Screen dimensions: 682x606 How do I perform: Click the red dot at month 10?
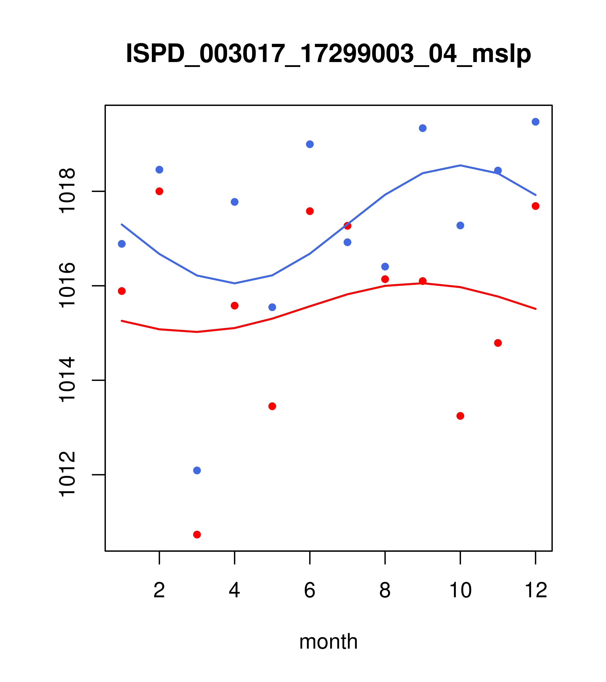[460, 416]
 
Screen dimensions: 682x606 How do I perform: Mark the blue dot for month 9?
[423, 128]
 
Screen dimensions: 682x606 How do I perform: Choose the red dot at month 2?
[160, 191]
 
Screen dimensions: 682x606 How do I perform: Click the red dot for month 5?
[272, 406]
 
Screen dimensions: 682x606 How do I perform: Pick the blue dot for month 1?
[122, 244]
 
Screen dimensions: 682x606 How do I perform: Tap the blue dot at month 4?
[234, 202]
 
